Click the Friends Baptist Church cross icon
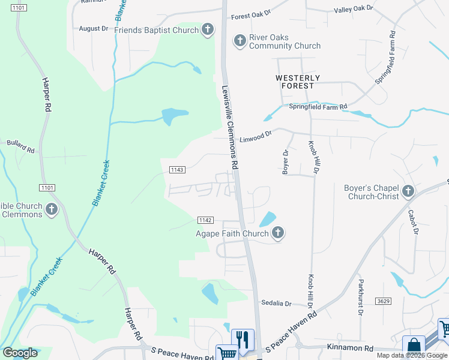[208, 30]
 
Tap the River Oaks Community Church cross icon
[240, 41]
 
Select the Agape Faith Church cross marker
[277, 233]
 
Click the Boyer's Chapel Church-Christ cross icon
[408, 191]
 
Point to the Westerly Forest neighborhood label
[298, 82]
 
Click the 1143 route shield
[176, 170]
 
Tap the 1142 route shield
[205, 220]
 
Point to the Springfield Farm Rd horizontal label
[318, 107]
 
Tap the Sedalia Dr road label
[276, 304]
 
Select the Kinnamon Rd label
[351, 347]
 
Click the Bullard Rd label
[20, 145]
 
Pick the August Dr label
[93, 28]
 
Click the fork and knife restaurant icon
[243, 340]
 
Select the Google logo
[20, 353]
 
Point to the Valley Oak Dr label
[354, 9]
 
